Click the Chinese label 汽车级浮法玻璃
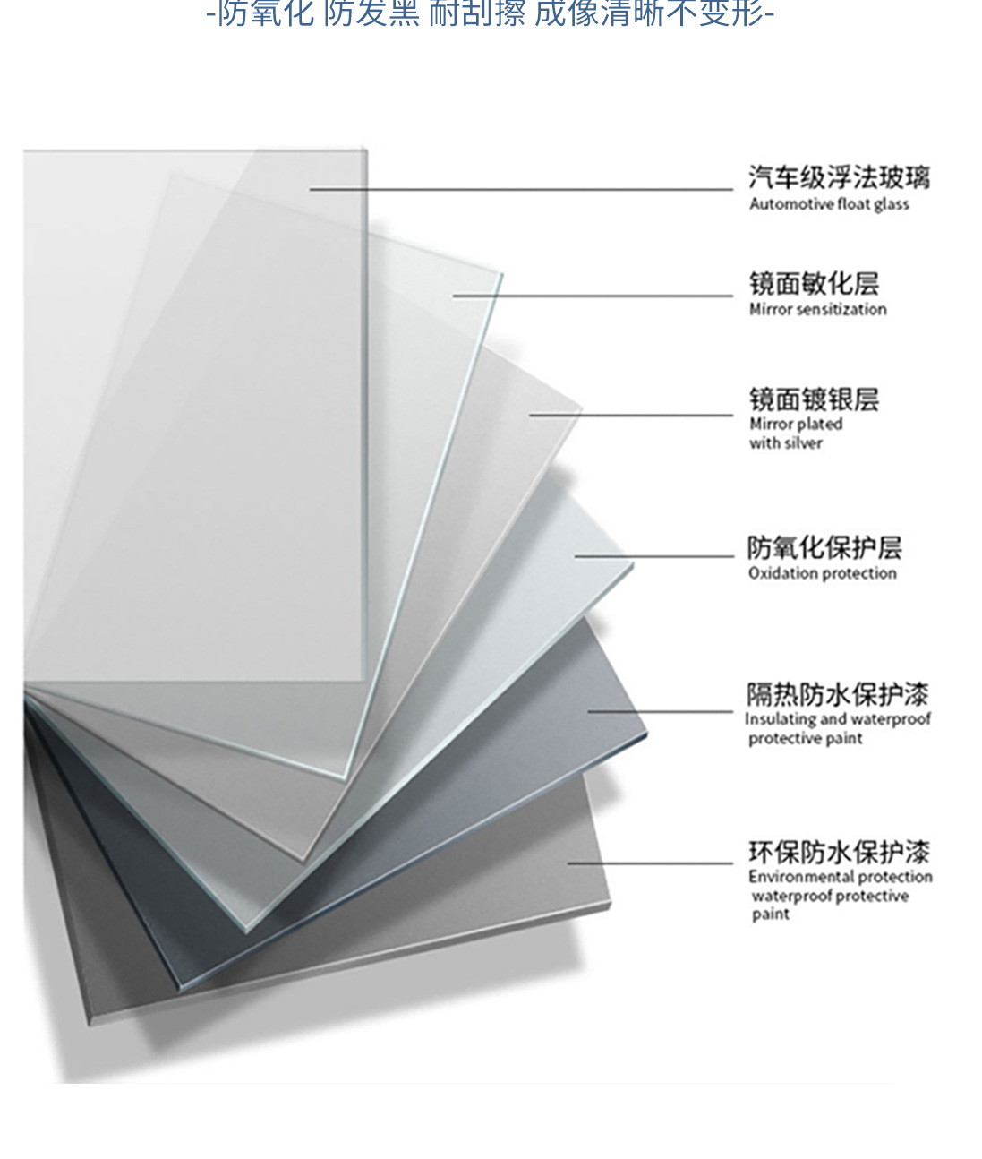(839, 177)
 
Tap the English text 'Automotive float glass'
(829, 204)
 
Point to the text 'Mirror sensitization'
(817, 309)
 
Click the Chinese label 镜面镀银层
(814, 399)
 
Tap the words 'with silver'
(785, 443)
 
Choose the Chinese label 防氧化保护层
(824, 547)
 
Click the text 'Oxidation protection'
(822, 573)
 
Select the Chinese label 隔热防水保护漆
(838, 694)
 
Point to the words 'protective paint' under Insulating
(805, 738)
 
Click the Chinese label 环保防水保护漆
(839, 851)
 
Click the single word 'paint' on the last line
(770, 914)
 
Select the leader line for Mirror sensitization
(592, 295)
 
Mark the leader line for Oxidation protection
(653, 556)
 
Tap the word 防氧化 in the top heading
(266, 13)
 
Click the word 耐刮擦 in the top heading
(476, 13)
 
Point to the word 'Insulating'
(780, 719)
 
